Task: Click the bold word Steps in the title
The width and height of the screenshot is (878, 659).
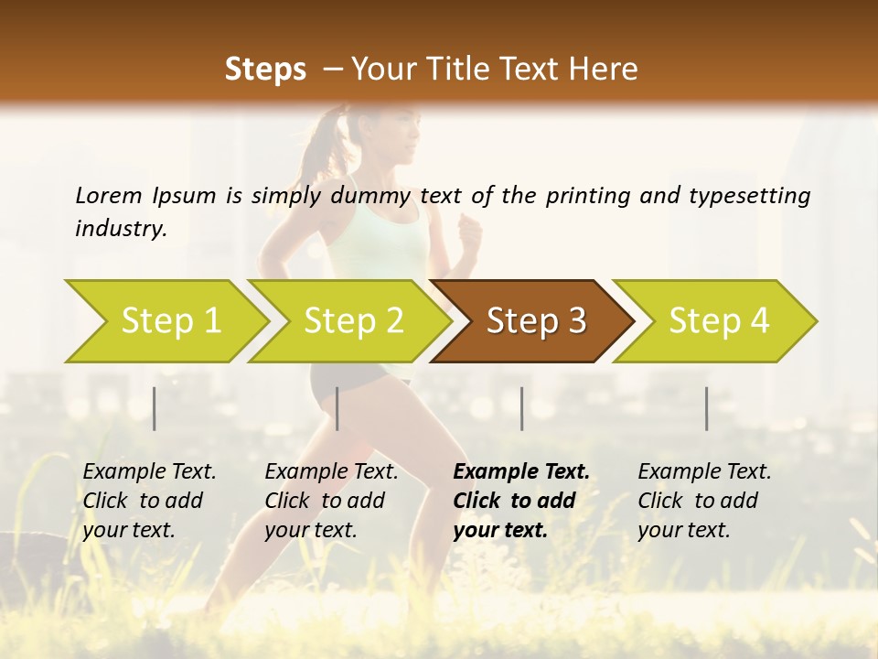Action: pos(265,70)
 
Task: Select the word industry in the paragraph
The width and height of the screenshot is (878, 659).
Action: pos(120,228)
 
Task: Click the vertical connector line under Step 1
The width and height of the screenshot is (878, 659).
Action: pos(155,408)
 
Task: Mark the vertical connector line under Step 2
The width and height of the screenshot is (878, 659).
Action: pos(337,408)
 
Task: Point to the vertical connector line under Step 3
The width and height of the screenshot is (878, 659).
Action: pos(522,408)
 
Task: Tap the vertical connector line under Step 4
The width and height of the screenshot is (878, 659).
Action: pos(707,408)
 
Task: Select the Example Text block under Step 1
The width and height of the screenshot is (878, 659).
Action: pos(149,501)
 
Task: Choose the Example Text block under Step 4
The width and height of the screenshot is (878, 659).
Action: pos(704,501)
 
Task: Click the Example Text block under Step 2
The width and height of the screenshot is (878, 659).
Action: pos(331,501)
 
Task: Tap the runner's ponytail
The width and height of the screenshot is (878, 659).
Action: pos(322,146)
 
